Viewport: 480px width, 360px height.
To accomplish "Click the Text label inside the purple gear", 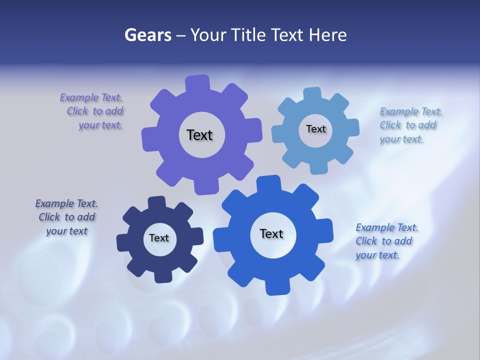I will (199, 135).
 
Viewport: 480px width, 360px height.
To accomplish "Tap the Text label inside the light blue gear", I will (315, 129).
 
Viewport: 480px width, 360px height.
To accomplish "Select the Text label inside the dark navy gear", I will (159, 238).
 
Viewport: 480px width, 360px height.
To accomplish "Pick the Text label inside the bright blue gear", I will (271, 233).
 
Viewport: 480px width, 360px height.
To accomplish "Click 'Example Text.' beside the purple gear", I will (91, 97).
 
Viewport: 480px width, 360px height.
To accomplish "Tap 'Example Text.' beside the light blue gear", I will (411, 111).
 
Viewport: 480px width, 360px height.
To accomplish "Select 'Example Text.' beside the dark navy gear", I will (66, 203).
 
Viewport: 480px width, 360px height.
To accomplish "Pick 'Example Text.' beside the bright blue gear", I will (387, 227).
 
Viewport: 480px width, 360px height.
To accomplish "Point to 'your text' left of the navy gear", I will (67, 231).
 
